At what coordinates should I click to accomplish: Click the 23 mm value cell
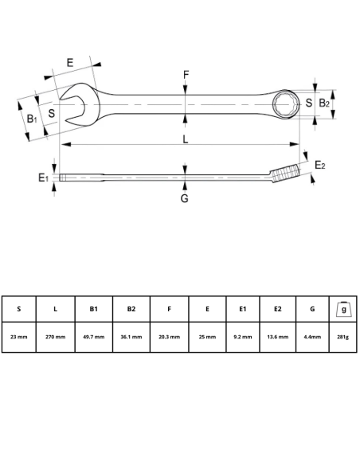(x=19, y=337)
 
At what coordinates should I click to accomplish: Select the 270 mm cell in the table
(x=55, y=337)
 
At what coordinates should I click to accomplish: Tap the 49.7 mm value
(x=93, y=337)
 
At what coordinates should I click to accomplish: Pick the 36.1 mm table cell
(x=131, y=337)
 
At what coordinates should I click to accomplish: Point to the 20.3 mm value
(x=169, y=337)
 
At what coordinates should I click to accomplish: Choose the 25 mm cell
(x=206, y=337)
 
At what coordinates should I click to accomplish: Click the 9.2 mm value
(x=244, y=337)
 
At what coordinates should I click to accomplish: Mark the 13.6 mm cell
(x=278, y=337)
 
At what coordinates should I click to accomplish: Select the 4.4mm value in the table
(x=312, y=337)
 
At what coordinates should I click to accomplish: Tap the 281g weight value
(x=343, y=337)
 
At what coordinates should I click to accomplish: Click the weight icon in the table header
(x=343, y=308)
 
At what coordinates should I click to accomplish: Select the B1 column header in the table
(x=93, y=309)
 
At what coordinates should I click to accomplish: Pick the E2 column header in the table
(x=278, y=309)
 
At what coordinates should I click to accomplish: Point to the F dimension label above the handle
(x=186, y=76)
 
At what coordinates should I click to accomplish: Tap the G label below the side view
(x=184, y=197)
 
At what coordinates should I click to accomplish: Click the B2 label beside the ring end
(x=324, y=104)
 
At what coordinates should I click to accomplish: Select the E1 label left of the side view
(x=44, y=178)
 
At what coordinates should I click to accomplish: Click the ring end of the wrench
(x=285, y=104)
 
